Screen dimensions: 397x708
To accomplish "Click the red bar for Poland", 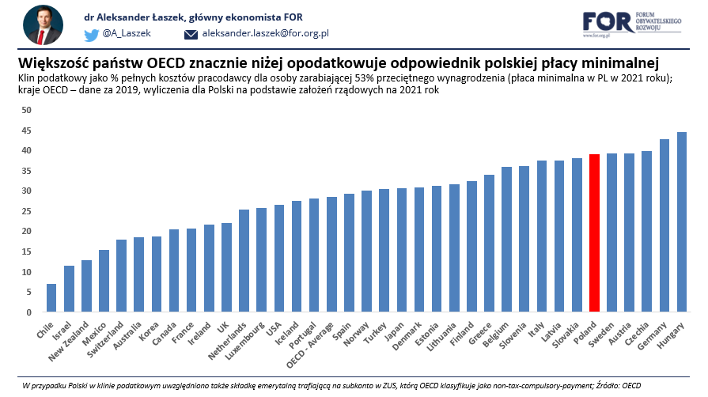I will [x=594, y=233].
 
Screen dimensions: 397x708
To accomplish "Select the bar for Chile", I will [x=51, y=298].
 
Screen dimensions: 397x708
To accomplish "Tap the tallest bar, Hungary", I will [x=681, y=222].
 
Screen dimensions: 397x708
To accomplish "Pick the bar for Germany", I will [x=664, y=226].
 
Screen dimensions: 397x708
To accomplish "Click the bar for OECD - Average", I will [x=331, y=255].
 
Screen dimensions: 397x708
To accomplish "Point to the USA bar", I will [x=279, y=259].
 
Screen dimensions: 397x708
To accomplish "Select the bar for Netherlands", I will [x=244, y=261].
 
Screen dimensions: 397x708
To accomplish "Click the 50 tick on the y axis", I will [x=26, y=110].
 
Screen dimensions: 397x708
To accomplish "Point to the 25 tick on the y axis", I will [x=26, y=211].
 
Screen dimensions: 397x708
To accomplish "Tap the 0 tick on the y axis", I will [x=28, y=312].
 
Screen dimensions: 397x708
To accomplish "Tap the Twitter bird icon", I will [x=92, y=34].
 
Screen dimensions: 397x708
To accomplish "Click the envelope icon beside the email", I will [x=191, y=34].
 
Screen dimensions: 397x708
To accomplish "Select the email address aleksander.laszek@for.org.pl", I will [x=265, y=34].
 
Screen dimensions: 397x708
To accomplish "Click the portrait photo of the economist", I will [x=44, y=25].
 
